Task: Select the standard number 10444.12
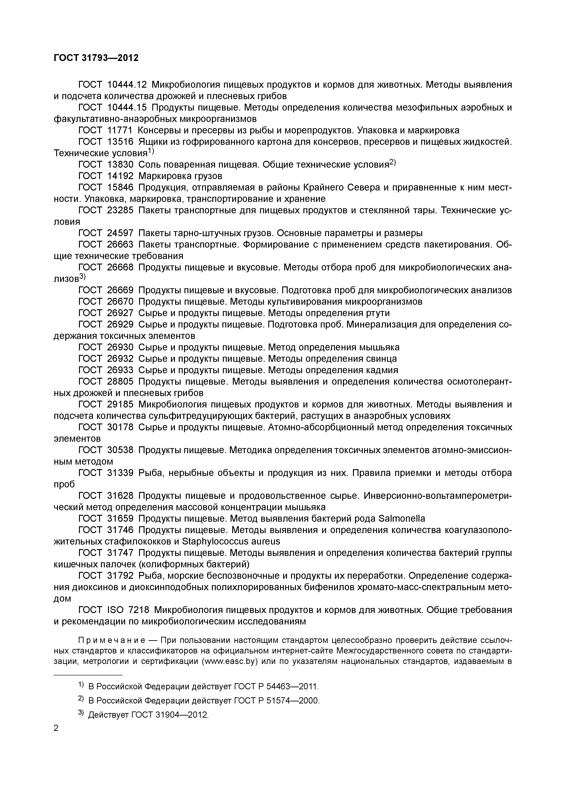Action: (x=127, y=85)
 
